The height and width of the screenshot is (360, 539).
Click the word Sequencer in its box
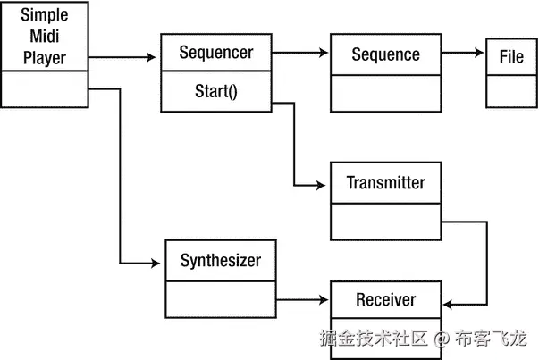tap(215, 52)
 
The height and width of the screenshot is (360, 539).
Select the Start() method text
tap(215, 90)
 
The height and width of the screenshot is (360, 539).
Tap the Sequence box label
tap(385, 54)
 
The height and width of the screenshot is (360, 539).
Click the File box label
tap(511, 57)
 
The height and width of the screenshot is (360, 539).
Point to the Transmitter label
tap(385, 183)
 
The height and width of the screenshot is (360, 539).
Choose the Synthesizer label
tap(221, 261)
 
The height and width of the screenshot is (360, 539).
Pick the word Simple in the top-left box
tap(45, 18)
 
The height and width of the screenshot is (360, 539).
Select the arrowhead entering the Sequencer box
tap(155, 58)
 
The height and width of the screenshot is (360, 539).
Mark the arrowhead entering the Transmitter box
tap(324, 186)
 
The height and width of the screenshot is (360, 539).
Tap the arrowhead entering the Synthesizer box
tap(161, 264)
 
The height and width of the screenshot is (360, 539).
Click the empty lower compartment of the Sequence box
tap(385, 91)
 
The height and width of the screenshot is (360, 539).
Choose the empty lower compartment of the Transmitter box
tap(385, 221)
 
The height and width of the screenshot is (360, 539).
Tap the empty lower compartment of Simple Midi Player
tap(45, 91)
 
